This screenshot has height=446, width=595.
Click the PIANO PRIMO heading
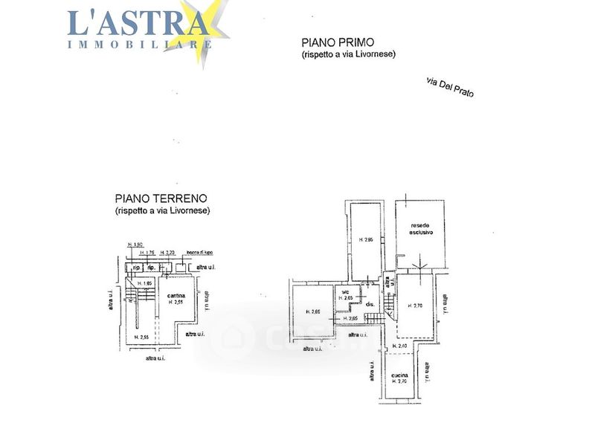pos(337,42)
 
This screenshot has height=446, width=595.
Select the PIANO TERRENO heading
pos(161,198)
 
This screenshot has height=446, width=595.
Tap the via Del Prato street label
pos(450,87)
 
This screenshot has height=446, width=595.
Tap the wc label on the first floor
pos(345,291)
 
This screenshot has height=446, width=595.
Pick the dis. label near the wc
pos(369,304)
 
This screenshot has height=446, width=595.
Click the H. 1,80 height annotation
pos(135,245)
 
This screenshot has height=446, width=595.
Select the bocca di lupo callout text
pos(199,253)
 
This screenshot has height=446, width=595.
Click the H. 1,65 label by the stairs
pos(144,282)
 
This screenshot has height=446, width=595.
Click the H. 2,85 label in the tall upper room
pos(365,239)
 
